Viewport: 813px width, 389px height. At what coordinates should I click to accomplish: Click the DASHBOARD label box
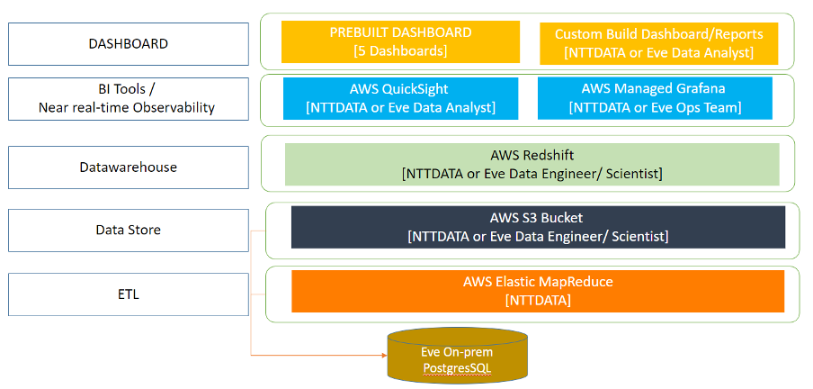click(128, 43)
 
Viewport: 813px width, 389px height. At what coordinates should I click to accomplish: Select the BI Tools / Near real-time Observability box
click(128, 99)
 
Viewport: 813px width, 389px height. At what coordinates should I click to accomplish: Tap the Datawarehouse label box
click(128, 167)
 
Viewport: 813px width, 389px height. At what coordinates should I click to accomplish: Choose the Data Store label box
click(128, 230)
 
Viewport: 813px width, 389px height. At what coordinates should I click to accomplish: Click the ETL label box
click(128, 294)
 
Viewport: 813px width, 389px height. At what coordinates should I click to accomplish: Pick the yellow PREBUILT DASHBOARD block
click(400, 41)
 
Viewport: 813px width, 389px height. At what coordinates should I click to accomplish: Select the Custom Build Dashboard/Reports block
click(658, 43)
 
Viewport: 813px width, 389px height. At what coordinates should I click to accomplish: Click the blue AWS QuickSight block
click(400, 98)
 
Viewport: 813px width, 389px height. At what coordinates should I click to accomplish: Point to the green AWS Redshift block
click(532, 164)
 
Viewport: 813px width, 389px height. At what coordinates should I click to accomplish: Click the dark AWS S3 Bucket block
click(538, 227)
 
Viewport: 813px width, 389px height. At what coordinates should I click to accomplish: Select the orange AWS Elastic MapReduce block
click(538, 291)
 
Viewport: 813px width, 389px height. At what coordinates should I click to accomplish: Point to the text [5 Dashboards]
click(400, 50)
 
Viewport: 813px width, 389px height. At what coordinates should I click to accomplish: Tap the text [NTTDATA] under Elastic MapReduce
click(538, 300)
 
